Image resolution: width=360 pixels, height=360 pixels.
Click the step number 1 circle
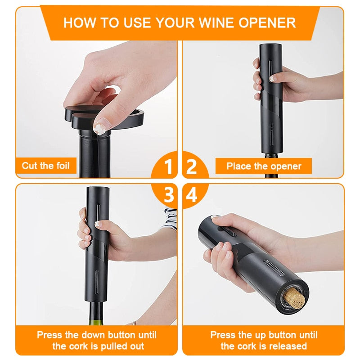point(168,167)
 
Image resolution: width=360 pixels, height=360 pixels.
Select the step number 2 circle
point(192,167)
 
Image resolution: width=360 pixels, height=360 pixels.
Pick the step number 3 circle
point(168,195)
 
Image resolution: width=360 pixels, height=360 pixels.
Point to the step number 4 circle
point(192,195)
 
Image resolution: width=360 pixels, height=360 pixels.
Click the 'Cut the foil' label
point(46,166)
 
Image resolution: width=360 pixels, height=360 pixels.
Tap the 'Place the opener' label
point(264,166)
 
